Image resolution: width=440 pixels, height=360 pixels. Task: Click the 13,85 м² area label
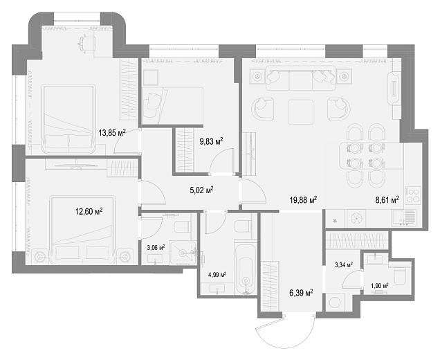(x=111, y=132)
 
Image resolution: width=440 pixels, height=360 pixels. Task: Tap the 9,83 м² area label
(x=211, y=141)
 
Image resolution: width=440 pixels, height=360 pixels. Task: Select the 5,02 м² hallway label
(x=201, y=190)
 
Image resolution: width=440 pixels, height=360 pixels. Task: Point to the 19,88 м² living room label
(x=303, y=200)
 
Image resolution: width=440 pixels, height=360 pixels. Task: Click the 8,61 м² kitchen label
(x=387, y=200)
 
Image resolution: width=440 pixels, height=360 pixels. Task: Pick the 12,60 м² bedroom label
(x=89, y=211)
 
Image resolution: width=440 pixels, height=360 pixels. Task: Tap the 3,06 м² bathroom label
(x=156, y=248)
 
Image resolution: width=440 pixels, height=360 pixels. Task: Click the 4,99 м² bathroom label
(x=217, y=275)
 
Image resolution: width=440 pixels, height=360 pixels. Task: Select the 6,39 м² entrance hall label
(x=301, y=293)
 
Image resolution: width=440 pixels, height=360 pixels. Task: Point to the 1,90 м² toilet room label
(x=380, y=286)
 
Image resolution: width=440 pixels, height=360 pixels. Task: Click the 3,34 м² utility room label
(x=344, y=264)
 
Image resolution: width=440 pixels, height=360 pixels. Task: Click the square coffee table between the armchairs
(x=300, y=111)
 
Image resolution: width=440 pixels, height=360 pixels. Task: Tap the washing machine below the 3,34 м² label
(x=335, y=303)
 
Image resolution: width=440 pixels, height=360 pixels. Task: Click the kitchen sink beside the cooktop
(x=403, y=218)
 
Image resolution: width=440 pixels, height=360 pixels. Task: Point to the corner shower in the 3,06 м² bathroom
(x=183, y=253)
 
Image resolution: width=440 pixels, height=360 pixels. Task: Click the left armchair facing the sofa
(x=263, y=109)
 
